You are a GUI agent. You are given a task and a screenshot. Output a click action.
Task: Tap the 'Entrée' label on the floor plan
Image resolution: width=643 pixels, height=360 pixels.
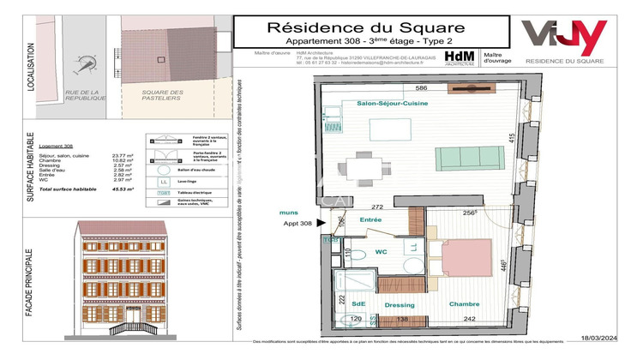pos(370,220)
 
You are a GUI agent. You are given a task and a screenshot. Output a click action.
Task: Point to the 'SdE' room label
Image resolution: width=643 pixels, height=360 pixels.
pos(358,303)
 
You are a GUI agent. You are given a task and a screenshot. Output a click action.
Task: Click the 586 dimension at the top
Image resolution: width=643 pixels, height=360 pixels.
pos(421,88)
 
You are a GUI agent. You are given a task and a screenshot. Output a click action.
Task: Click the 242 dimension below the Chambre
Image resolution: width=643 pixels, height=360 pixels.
pos(469,318)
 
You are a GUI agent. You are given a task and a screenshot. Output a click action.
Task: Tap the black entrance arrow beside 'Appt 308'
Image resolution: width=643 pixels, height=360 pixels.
pos(321,224)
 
